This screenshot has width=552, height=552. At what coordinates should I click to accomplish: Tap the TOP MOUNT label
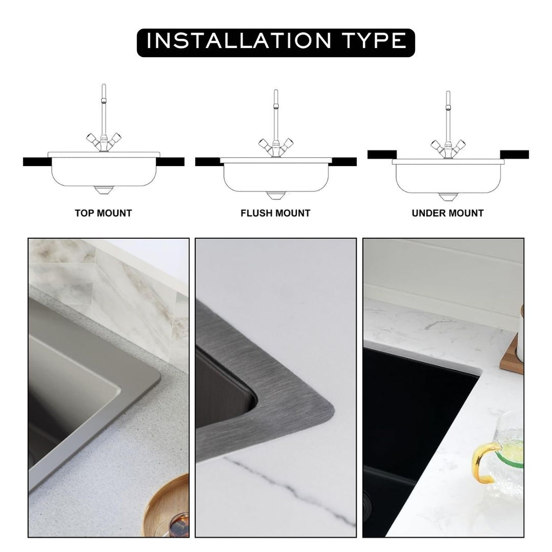click(103, 213)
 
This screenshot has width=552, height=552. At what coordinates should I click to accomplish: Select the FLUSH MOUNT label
click(275, 213)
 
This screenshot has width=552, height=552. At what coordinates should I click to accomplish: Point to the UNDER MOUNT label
click(447, 213)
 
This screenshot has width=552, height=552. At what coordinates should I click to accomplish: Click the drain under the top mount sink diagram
click(103, 190)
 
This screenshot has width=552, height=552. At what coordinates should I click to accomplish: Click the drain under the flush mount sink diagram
click(275, 195)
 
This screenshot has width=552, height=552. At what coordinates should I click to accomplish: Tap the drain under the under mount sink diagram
click(447, 196)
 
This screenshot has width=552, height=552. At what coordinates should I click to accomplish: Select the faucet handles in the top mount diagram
click(103, 142)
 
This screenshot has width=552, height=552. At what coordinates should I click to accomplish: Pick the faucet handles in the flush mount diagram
click(275, 146)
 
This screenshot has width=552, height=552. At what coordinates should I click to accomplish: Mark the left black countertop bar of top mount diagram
click(36, 162)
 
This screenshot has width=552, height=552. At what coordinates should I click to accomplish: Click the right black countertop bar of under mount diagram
click(514, 155)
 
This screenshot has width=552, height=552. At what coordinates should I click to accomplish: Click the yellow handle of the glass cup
click(483, 461)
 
